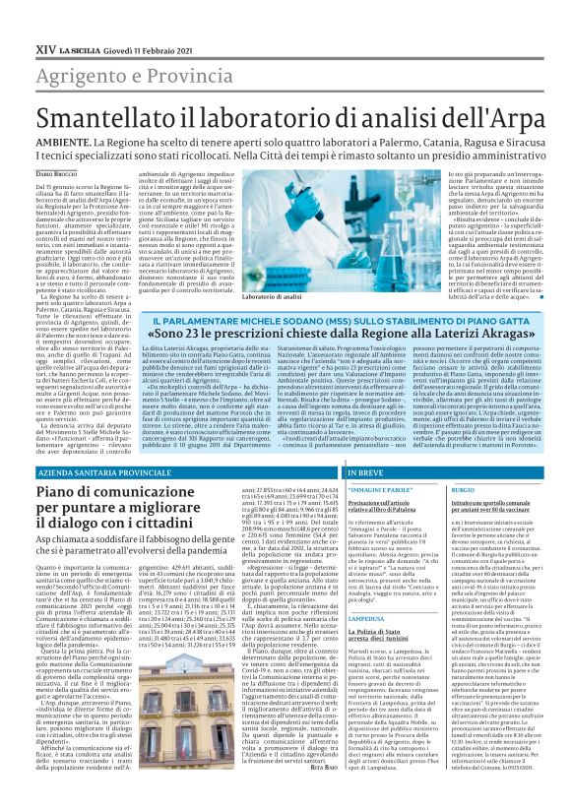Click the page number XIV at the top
click(x=45, y=47)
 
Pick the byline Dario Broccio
click(x=56, y=173)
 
